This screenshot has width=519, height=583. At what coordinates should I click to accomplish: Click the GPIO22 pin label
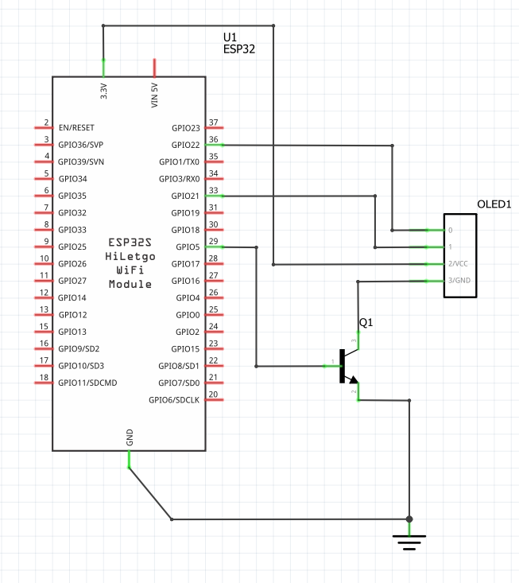185,145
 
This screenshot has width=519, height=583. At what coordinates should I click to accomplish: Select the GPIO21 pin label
185,196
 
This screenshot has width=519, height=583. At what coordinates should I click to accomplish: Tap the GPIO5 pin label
188,247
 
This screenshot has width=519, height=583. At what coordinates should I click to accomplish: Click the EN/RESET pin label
76,127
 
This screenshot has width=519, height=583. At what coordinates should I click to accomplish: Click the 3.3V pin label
103,91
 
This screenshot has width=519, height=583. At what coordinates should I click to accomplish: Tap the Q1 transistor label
366,323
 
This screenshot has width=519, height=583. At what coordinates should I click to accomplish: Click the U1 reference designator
230,37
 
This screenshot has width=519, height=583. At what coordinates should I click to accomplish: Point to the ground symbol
409,542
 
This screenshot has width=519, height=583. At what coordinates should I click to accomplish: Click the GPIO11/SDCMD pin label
87,383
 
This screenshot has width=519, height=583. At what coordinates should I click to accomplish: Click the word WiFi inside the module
130,270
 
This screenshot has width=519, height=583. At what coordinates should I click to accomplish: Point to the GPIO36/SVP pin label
81,145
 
